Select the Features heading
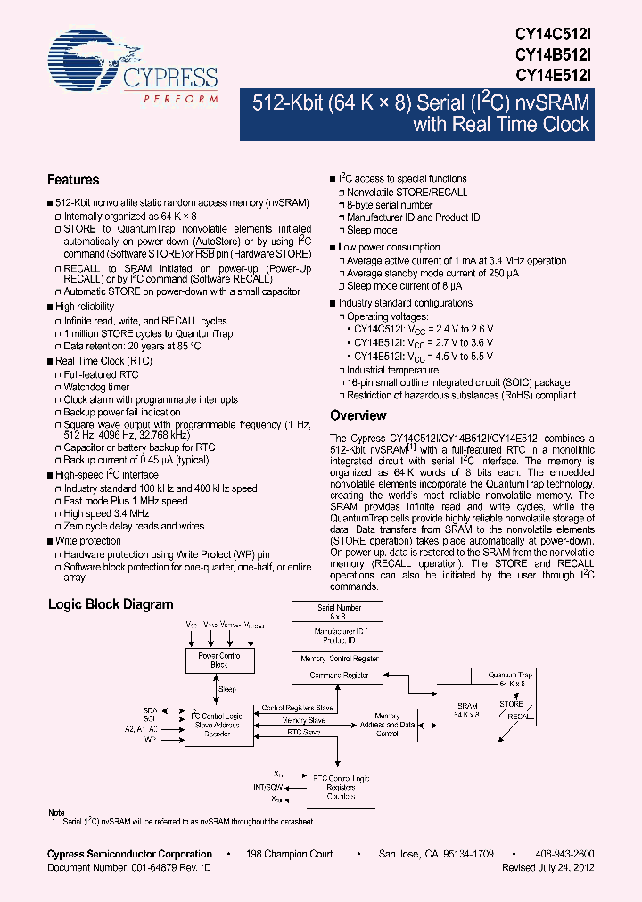73,180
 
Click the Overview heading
358,415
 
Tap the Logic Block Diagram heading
111,604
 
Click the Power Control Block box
218,660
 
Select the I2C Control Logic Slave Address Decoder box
218,724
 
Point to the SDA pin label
150,710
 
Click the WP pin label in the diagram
151,739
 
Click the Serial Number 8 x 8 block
338,611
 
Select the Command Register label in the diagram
338,676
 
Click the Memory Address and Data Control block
387,725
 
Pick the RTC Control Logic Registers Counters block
341,787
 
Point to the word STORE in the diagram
511,704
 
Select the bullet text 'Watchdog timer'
96,388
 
